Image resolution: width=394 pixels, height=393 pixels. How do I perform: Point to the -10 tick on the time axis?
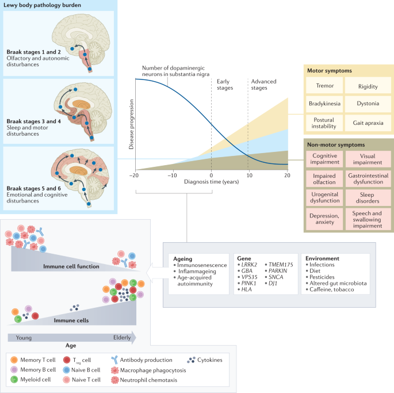(x=173, y=175)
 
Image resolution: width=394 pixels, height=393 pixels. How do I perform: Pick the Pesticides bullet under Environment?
(x=324, y=277)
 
